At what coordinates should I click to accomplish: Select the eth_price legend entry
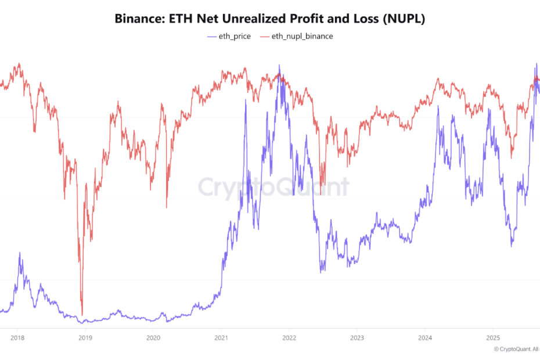point(235,36)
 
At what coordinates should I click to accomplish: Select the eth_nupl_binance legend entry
point(301,36)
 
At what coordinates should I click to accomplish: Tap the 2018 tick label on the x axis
point(17,337)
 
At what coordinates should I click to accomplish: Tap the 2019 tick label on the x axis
point(85,337)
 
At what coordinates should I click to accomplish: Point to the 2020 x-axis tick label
point(153,337)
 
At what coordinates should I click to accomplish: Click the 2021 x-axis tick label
point(221,337)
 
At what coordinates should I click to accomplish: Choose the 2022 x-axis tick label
point(289,337)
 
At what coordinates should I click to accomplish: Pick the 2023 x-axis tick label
point(357,337)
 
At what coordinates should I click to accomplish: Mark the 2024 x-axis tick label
point(425,337)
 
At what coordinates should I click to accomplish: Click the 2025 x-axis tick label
point(493,337)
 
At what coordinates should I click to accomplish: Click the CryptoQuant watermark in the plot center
point(273,187)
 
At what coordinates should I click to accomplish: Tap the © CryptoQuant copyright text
point(516,349)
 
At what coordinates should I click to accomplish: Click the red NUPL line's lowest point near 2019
point(82,314)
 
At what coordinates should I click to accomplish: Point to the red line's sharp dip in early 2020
point(167,207)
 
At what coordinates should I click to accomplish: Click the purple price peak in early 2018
point(20,253)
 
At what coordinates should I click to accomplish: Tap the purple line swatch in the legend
point(211,36)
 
